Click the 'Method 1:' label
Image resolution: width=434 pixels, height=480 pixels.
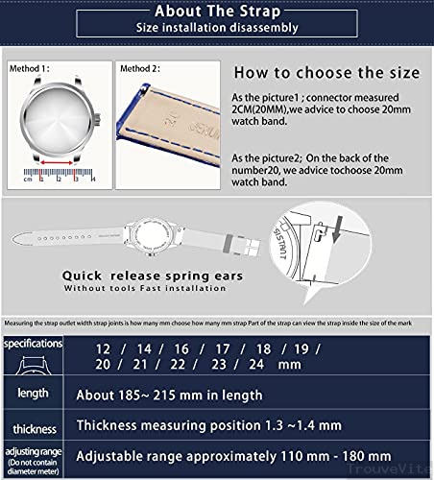tap(32, 70)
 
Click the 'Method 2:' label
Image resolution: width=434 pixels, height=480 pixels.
tap(139, 70)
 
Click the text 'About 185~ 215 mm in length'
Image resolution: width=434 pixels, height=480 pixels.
tap(169, 396)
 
